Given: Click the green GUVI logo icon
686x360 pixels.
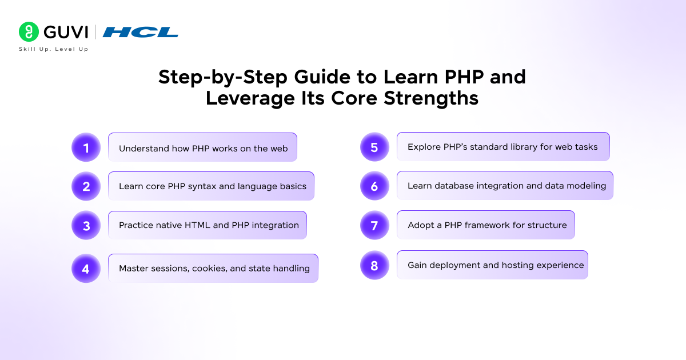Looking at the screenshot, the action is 29,32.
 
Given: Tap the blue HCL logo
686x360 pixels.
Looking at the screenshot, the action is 140,32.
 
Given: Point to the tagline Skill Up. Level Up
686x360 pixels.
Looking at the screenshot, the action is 54,49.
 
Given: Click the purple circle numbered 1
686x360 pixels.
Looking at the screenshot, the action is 86,147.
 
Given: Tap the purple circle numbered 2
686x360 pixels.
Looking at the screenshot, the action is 86,186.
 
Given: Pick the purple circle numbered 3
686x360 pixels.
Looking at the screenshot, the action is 86,225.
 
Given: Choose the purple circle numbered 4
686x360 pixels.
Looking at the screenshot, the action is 86,269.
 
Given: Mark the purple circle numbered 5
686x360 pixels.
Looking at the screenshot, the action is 374,147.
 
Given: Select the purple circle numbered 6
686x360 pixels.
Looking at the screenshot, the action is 374,186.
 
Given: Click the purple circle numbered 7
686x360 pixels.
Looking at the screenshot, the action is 374,225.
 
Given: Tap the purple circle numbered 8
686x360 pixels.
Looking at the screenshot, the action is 374,265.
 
